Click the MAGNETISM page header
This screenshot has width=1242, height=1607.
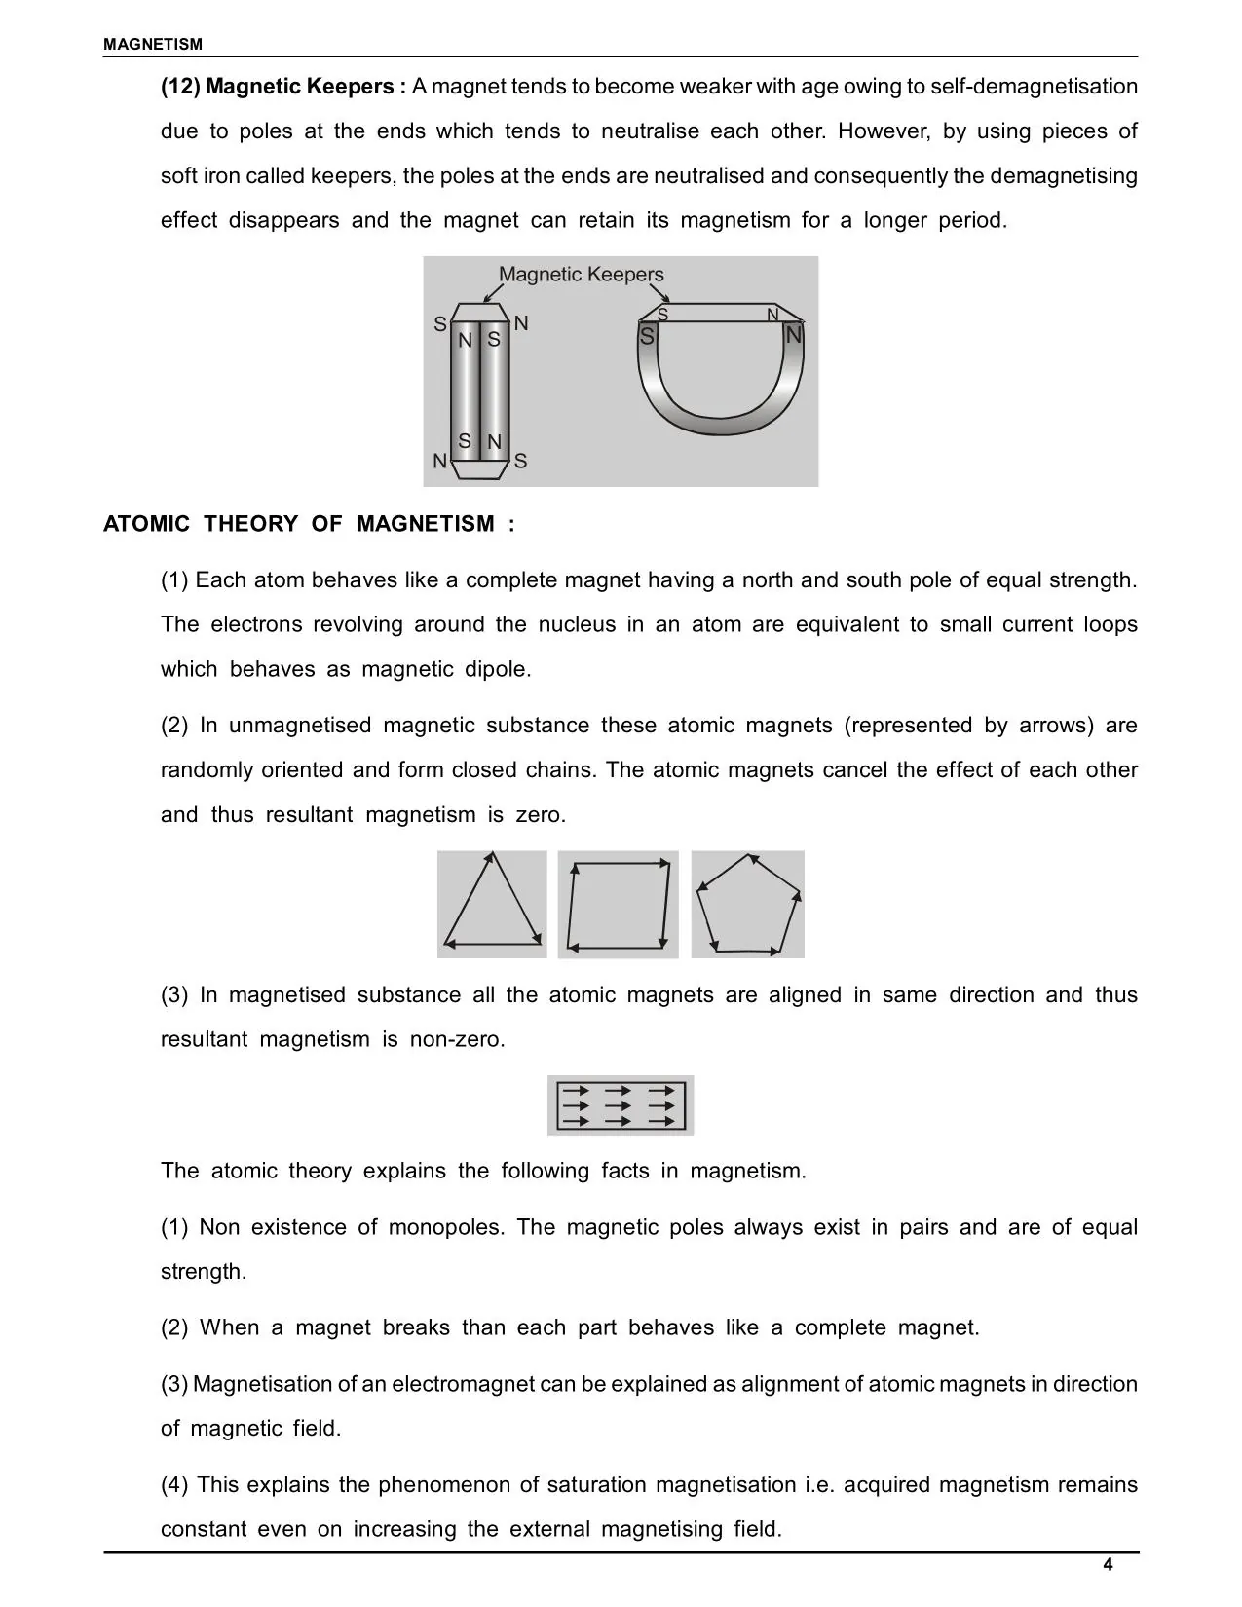[x=153, y=44]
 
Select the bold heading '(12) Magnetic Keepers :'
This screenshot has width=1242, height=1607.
[x=283, y=87]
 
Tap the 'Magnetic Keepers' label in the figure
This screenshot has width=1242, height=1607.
[x=581, y=275]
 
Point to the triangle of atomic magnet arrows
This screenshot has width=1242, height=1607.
[x=492, y=905]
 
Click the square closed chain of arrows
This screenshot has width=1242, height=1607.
[x=619, y=905]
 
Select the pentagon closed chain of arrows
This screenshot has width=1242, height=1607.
[x=748, y=905]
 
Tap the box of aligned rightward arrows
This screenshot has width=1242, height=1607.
[x=621, y=1105]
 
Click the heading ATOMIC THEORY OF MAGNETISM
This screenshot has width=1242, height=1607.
[x=309, y=524]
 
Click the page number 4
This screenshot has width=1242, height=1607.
[x=1108, y=1564]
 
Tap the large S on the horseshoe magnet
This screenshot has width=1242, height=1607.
[x=647, y=336]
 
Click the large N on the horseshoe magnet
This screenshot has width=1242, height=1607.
[x=794, y=335]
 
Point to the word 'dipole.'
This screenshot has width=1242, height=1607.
[x=499, y=669]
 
